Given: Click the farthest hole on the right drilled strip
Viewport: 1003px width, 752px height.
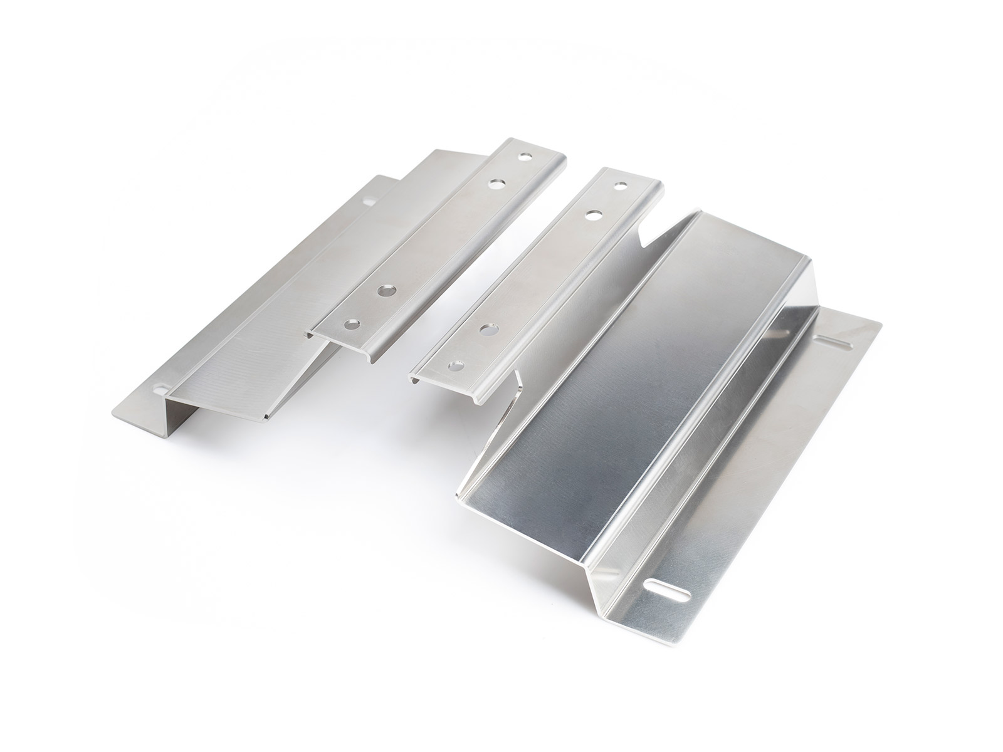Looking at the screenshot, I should tap(621, 186).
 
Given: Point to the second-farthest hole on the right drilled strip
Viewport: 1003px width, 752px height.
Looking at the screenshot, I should tap(591, 214).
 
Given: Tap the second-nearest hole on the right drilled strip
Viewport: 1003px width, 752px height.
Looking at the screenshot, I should tap(486, 328).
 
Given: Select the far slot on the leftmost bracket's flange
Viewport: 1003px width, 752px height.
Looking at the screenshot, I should tap(369, 202).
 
